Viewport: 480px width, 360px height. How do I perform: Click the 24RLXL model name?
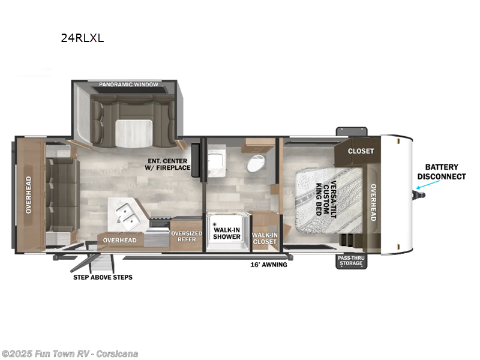pos(82,38)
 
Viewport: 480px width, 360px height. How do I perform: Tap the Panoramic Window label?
pos(128,84)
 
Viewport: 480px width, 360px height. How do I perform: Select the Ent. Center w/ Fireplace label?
pos(167,164)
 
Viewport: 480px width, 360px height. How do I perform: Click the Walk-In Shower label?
pos(227,233)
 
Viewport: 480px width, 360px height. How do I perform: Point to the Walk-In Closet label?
pos(265,238)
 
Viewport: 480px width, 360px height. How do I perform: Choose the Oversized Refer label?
pos(187,236)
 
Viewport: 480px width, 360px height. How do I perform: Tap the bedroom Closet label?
pos(361,151)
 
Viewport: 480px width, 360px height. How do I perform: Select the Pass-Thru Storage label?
pos(351,260)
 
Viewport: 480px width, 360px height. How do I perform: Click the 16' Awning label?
pos(269,265)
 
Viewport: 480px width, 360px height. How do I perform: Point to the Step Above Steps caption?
pos(103,277)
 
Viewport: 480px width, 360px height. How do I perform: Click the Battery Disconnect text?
pos(442,172)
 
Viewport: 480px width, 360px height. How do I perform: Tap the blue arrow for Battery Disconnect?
pos(428,185)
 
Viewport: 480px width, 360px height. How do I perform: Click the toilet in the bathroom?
pos(256,163)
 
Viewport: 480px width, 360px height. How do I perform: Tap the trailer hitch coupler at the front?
pos(419,195)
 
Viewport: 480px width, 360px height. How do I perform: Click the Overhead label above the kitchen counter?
pos(119,241)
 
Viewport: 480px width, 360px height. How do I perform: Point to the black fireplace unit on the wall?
pos(196,160)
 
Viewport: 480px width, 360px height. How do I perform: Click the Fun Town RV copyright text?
pos(69,354)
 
